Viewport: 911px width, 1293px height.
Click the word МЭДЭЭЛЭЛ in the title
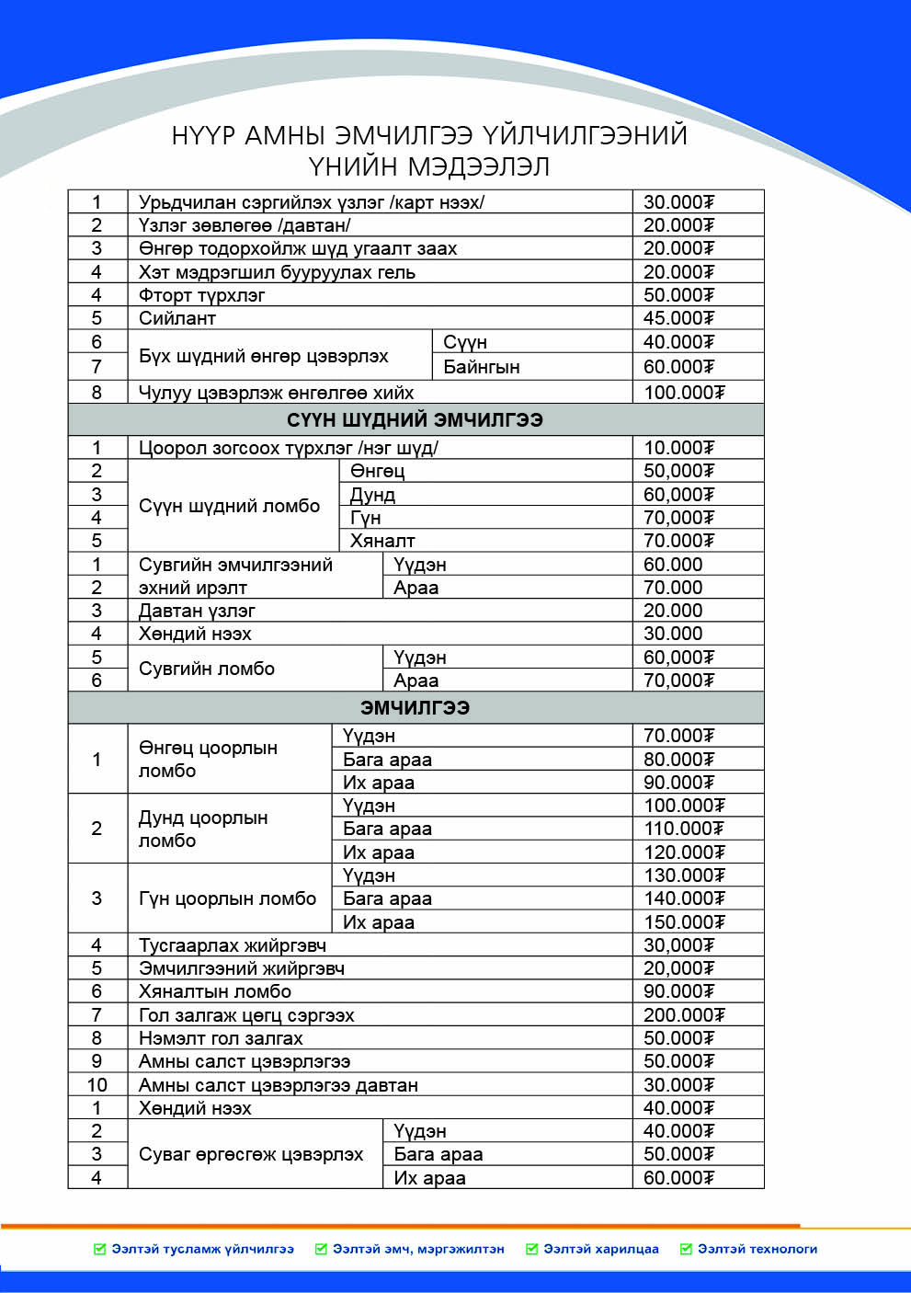tap(478, 166)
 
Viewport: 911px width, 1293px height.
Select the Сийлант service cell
tap(177, 318)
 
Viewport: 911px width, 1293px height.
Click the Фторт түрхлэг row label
tap(201, 295)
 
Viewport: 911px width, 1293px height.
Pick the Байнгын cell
tap(481, 367)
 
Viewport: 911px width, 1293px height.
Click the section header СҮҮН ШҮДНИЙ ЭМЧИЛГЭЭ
tap(415, 420)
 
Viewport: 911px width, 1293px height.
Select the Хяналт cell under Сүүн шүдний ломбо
tap(382, 541)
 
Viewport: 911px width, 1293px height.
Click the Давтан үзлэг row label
tap(197, 611)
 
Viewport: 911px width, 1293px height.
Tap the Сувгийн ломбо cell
tap(207, 669)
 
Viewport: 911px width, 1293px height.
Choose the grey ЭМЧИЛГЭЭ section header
tap(415, 707)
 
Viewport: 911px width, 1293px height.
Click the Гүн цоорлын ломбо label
tap(227, 898)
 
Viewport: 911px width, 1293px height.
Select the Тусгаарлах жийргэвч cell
tap(232, 945)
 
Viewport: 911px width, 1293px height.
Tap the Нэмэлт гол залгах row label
tap(221, 1038)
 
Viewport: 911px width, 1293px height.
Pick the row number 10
tap(97, 1085)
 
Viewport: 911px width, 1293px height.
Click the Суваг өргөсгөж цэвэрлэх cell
tap(251, 1154)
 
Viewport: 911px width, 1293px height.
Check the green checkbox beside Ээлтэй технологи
tap(686, 1249)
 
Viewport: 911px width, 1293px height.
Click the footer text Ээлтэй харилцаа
tap(601, 1249)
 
